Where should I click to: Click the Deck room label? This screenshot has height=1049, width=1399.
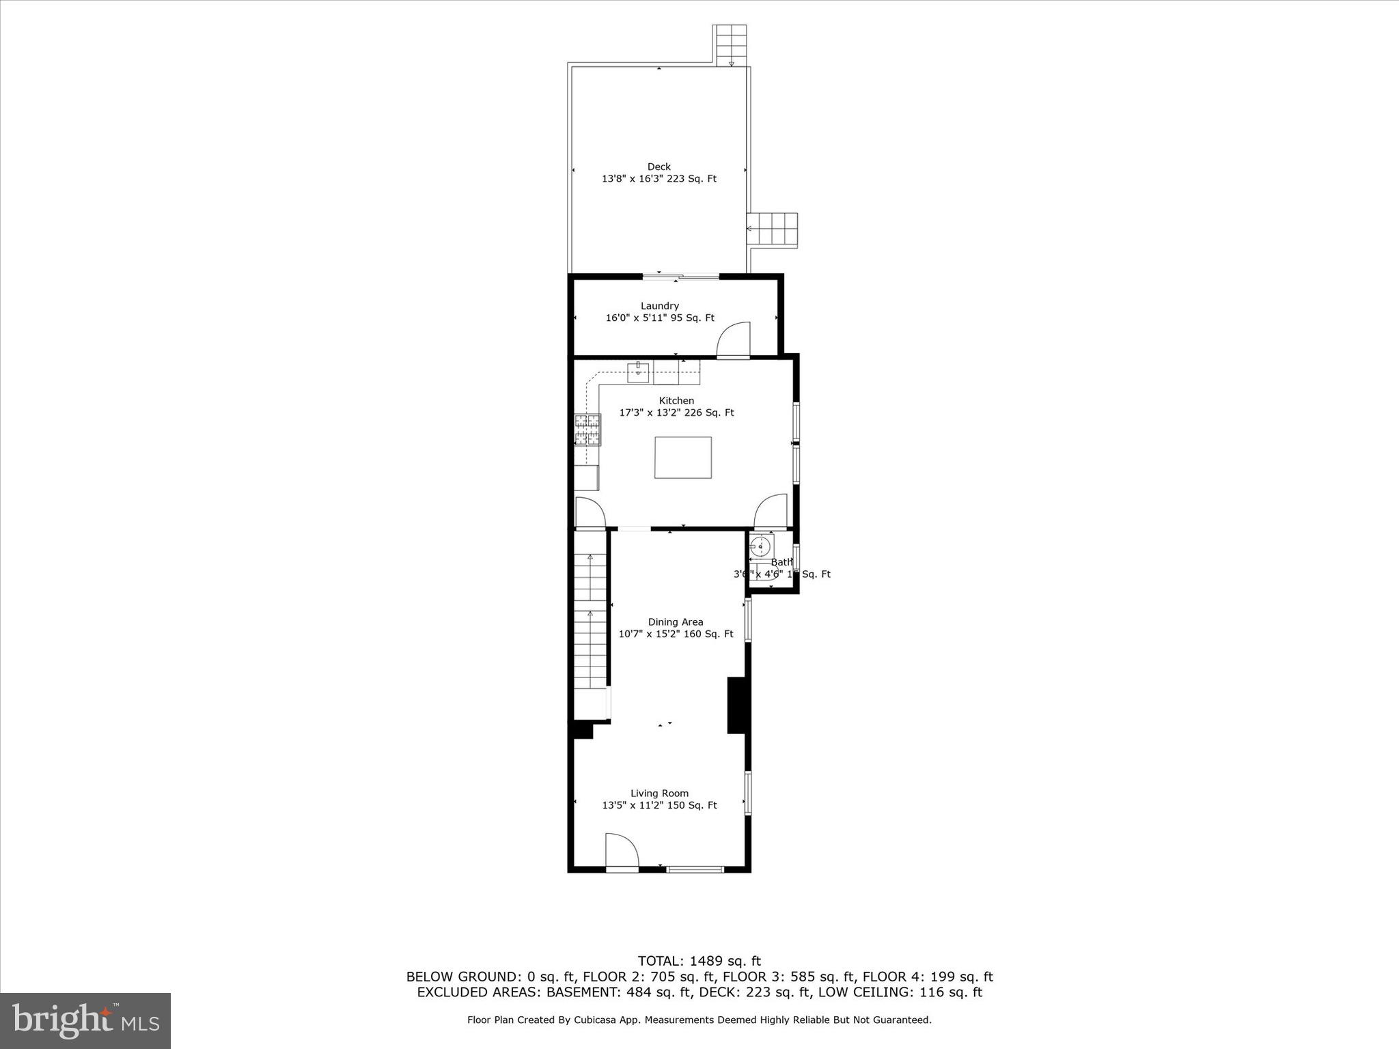point(659,167)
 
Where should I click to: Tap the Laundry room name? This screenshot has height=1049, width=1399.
point(659,306)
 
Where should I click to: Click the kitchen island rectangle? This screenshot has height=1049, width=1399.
point(682,458)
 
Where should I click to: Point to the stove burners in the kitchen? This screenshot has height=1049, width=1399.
point(587,430)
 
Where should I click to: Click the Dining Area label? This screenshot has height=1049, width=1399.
point(675,622)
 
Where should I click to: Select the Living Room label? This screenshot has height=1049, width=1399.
point(659,794)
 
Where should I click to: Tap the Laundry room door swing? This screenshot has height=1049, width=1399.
point(734,339)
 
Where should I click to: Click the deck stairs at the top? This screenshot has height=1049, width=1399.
point(730,44)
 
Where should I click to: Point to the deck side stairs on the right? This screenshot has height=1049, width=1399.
point(773,230)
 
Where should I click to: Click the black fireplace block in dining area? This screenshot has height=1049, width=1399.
point(736,705)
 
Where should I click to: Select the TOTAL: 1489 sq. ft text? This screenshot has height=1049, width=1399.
point(699,962)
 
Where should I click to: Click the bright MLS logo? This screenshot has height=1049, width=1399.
point(85,1021)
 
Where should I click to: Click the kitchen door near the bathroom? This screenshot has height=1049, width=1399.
point(771,511)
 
